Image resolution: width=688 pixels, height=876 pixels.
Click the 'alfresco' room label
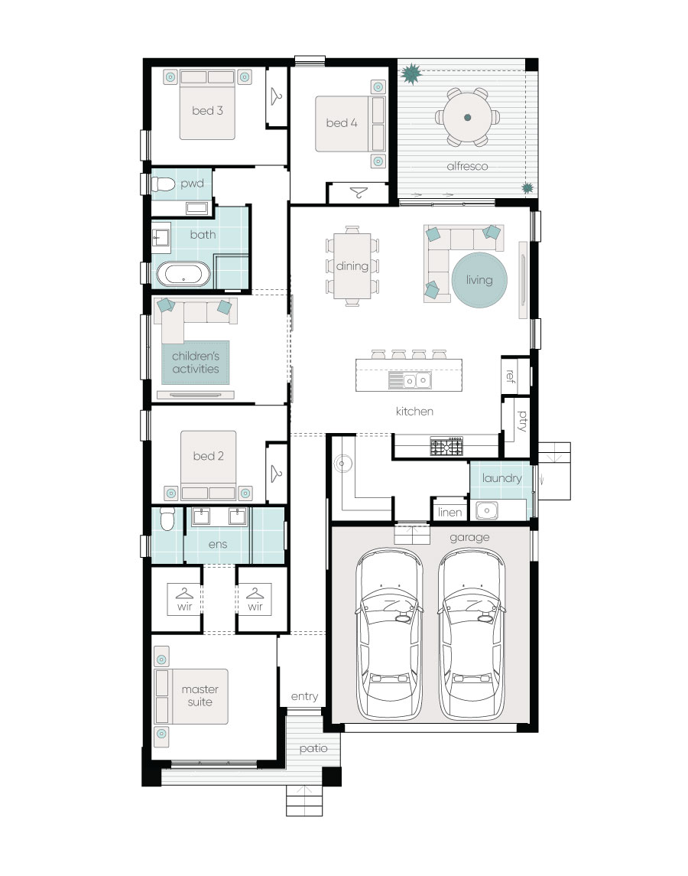tap(467, 166)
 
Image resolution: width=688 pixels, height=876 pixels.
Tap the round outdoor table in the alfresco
tap(467, 117)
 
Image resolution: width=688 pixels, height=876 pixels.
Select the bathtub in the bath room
tap(183, 275)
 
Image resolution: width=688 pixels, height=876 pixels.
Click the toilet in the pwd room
tap(163, 184)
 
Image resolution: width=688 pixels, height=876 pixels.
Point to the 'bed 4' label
tap(342, 123)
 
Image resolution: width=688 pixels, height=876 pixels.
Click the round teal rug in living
tap(479, 280)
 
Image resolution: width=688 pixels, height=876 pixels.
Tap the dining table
tap(352, 266)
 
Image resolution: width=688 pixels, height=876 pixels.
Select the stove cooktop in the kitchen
tap(446, 446)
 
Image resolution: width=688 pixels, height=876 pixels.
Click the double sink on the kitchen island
tap(410, 380)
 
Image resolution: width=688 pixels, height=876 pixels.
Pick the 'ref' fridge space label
tap(509, 376)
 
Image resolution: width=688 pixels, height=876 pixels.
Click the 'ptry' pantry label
tap(521, 421)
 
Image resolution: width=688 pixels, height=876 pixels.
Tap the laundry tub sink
tap(486, 510)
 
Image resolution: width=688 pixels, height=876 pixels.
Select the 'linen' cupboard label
tap(449, 513)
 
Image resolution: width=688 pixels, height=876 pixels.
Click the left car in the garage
tap(389, 633)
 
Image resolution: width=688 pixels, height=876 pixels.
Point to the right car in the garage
tap(472, 633)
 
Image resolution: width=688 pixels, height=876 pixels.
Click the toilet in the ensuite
tap(167, 519)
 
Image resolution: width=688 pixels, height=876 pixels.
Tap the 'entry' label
tap(304, 696)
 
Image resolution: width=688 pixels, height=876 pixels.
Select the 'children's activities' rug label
tap(196, 362)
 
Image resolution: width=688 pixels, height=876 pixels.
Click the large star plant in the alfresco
tap(411, 73)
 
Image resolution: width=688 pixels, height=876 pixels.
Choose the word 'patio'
tap(313, 749)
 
